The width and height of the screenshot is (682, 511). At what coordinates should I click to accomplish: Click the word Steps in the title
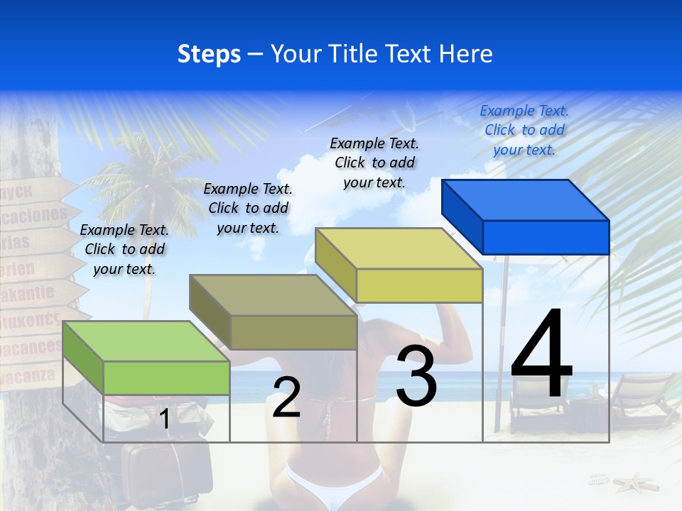(x=209, y=54)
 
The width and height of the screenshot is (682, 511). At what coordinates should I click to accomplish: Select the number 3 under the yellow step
(x=416, y=376)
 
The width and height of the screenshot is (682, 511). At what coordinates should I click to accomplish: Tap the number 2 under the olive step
(x=286, y=397)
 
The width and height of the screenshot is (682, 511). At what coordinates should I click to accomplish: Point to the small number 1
(x=165, y=419)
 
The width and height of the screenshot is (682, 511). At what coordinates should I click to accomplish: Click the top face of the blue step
(x=526, y=200)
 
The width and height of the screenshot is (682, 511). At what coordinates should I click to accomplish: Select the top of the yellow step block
(x=399, y=248)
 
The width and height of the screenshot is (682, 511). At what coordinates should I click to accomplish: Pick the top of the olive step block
(x=273, y=295)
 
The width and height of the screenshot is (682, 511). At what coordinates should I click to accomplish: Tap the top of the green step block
(x=146, y=341)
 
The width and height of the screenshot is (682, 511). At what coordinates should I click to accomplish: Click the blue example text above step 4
(x=524, y=130)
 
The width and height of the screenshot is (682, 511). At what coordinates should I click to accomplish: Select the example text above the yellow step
(x=374, y=163)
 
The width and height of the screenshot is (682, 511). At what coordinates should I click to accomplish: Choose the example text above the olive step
(x=248, y=208)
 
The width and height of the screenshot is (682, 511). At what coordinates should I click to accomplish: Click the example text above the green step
(x=124, y=249)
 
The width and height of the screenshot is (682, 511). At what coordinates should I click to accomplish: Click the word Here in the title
(x=465, y=54)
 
